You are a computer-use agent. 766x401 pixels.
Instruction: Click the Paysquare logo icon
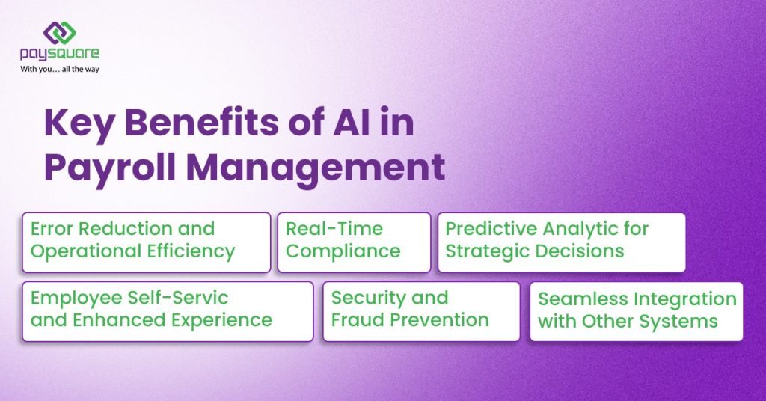pyautogui.click(x=59, y=33)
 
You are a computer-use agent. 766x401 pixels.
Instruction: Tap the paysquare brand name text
pyautogui.click(x=60, y=54)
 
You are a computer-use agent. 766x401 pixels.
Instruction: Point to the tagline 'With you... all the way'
pyautogui.click(x=60, y=69)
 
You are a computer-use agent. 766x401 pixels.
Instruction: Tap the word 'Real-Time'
pyautogui.click(x=334, y=229)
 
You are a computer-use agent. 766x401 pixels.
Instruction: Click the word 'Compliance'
pyautogui.click(x=343, y=251)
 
